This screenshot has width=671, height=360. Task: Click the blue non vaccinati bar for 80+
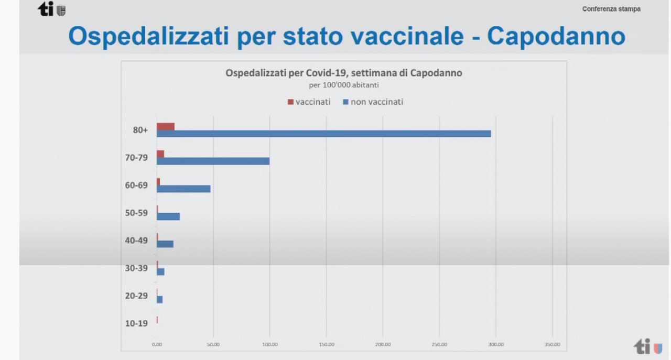coord(323,134)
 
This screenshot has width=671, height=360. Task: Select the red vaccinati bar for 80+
coord(166,126)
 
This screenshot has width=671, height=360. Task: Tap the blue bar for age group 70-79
coord(213,161)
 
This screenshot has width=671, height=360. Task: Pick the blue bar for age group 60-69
coord(183,189)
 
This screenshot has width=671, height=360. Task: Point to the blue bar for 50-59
coord(168,216)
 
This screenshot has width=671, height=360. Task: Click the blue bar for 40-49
coord(165,244)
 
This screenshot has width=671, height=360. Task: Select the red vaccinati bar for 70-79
coord(160,154)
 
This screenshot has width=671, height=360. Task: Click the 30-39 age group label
coord(136,268)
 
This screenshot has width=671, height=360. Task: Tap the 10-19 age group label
coord(136,323)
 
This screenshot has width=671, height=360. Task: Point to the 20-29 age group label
coord(136,296)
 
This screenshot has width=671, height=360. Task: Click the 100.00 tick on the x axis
coord(269,344)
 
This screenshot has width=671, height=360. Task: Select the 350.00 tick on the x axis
coord(553,344)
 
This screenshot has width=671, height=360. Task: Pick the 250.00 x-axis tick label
coord(439,344)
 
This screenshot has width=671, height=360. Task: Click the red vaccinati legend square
coord(290,102)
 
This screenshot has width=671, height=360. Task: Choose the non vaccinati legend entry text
coord(377,102)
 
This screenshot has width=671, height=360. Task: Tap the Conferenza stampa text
coord(611,9)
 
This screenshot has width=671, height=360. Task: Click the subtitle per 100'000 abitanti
coord(343,84)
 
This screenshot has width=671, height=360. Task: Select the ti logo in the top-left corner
coord(51,9)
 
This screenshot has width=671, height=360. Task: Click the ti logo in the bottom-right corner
coord(648,346)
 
